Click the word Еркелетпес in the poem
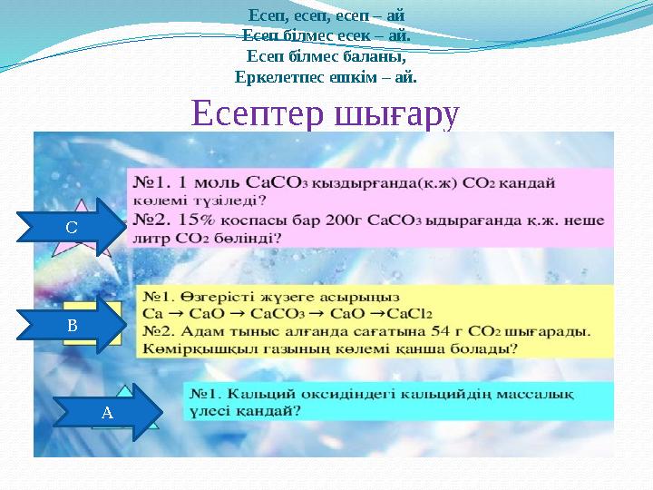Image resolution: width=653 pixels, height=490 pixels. click(278, 76)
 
